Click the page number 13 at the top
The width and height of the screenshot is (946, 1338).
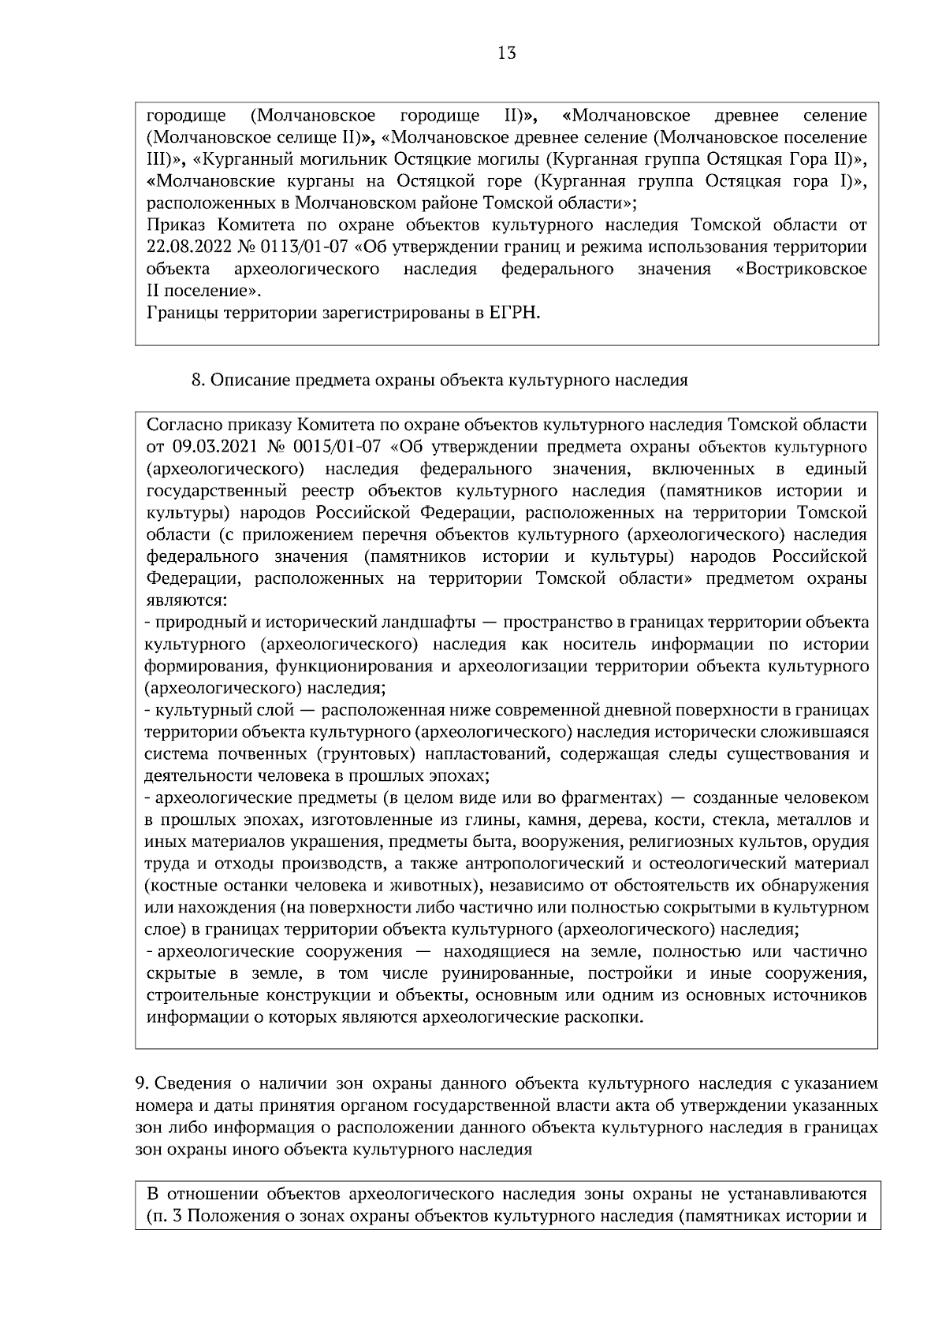(507, 54)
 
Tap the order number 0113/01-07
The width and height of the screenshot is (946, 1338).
(311, 247)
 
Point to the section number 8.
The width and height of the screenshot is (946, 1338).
(198, 381)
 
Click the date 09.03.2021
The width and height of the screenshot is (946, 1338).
(209, 448)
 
